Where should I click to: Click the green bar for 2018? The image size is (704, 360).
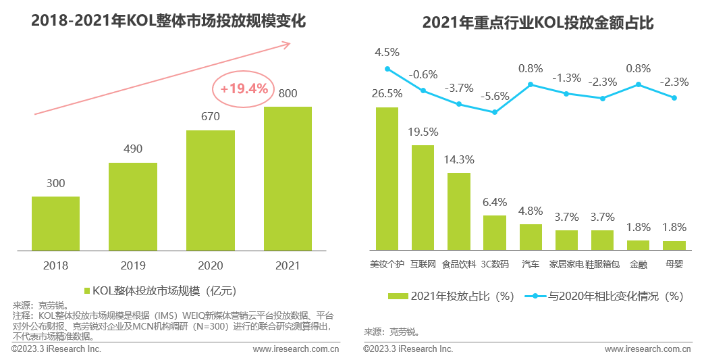click(55, 224)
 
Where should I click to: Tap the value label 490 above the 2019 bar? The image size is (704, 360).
click(133, 149)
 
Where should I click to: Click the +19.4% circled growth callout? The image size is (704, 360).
click(243, 88)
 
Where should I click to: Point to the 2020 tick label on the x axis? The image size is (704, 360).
click(210, 265)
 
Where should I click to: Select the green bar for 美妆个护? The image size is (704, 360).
click(387, 178)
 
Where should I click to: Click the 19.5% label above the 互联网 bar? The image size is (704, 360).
click(423, 132)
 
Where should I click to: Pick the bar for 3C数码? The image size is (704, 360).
click(495, 232)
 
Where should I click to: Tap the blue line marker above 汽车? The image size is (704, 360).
click(531, 84)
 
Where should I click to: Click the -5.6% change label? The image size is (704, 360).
click(495, 96)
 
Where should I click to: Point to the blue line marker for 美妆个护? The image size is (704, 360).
click(387, 69)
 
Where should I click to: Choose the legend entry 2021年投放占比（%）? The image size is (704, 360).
click(452, 296)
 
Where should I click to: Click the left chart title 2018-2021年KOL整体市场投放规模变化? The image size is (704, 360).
click(168, 21)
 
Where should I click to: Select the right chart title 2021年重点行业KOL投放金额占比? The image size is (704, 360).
click(538, 23)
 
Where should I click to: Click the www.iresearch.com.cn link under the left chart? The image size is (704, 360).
click(296, 349)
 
